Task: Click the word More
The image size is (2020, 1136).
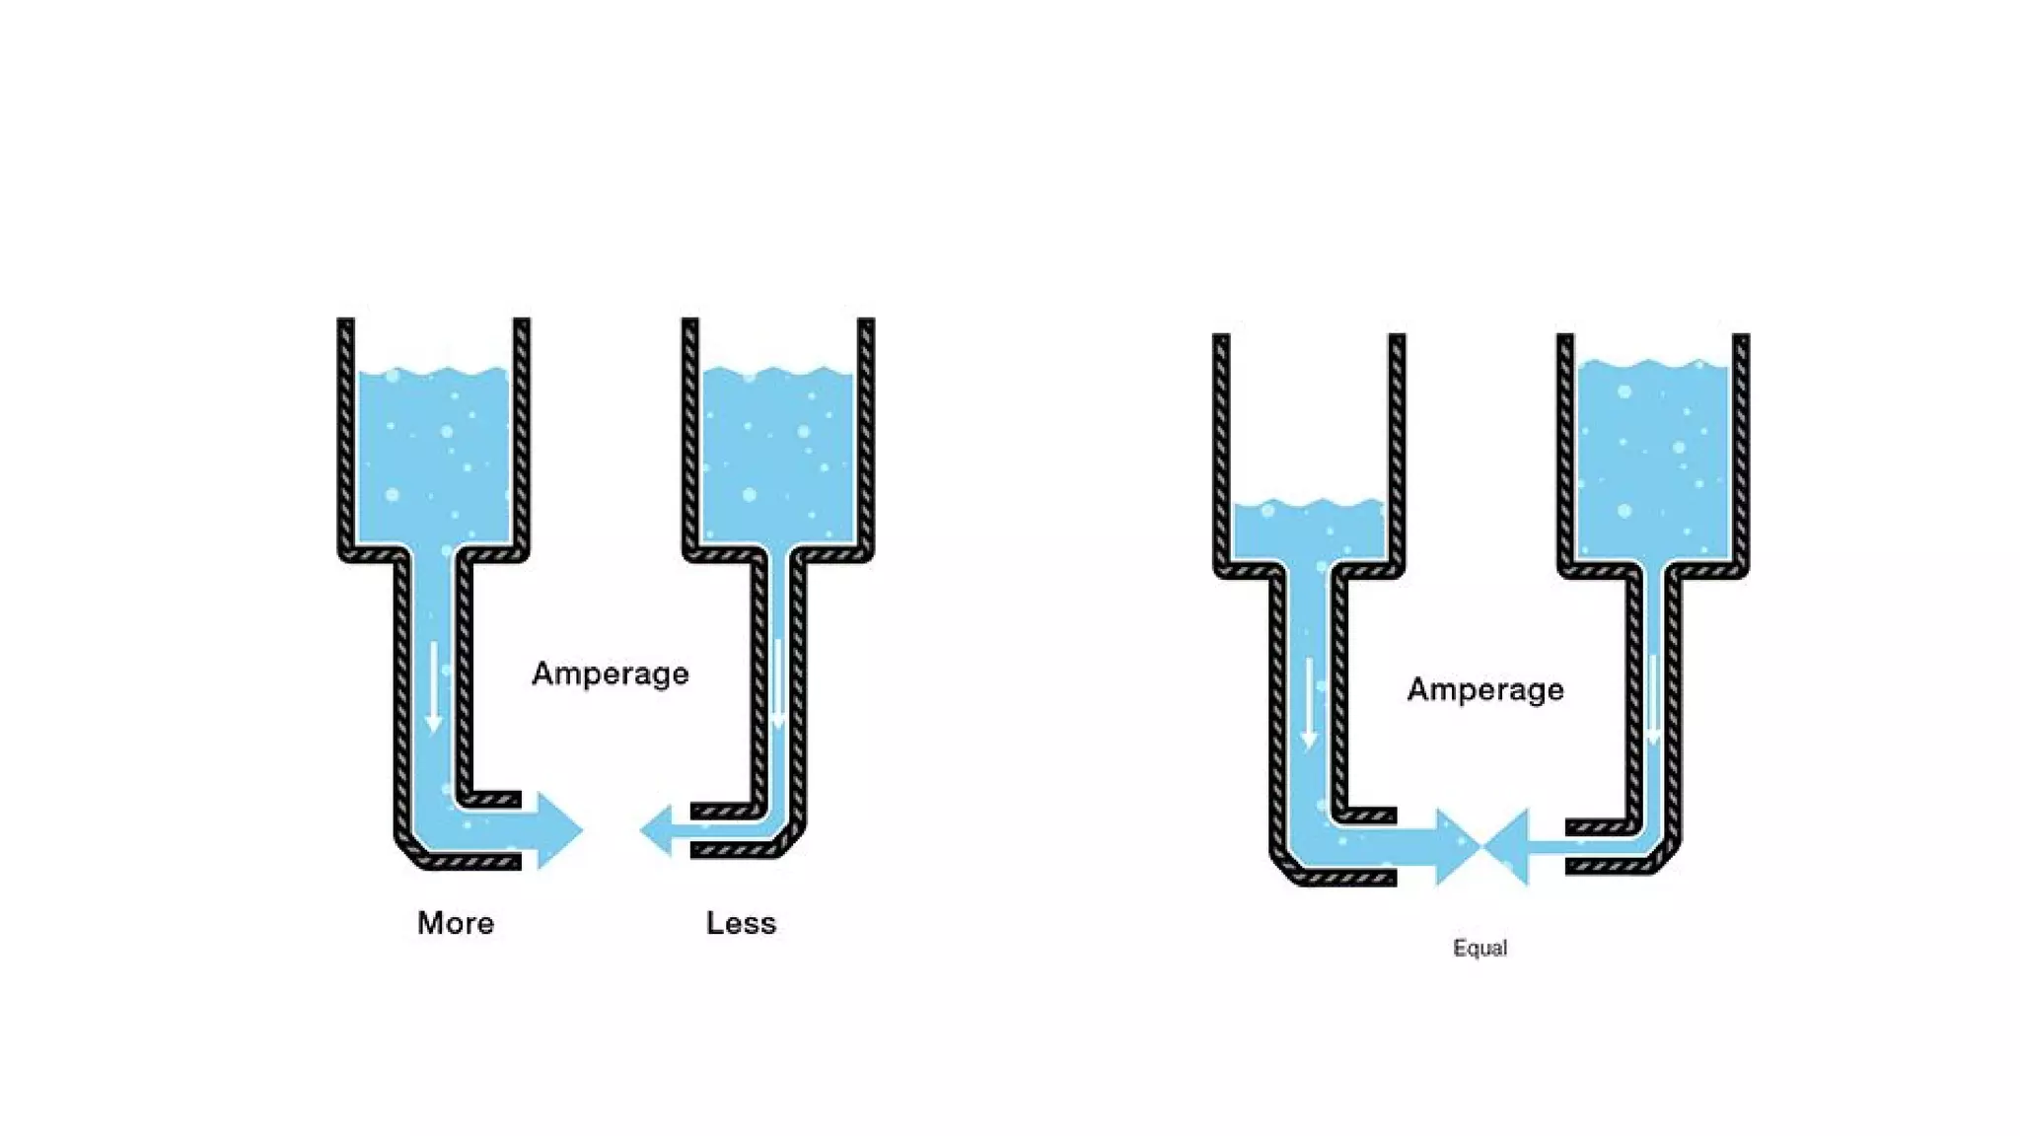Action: tap(456, 923)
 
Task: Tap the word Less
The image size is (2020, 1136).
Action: tap(741, 923)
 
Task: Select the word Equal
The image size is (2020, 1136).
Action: tap(1479, 948)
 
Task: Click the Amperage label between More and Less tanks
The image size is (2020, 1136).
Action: tap(611, 674)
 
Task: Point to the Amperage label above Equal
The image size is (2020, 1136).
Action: tap(1485, 689)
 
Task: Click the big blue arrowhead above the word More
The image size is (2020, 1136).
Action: tap(560, 829)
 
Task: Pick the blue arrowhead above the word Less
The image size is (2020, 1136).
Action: tap(657, 829)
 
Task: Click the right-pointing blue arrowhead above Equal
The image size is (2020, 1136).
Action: tap(1457, 846)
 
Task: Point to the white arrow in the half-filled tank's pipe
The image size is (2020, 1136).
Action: tap(1309, 703)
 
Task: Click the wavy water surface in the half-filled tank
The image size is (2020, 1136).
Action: tap(1309, 507)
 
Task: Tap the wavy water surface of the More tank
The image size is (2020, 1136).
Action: tap(433, 374)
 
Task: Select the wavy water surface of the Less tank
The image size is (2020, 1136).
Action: tap(777, 373)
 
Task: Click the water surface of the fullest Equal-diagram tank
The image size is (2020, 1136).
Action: tap(1653, 366)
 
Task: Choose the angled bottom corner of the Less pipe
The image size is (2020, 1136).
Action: tap(791, 841)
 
